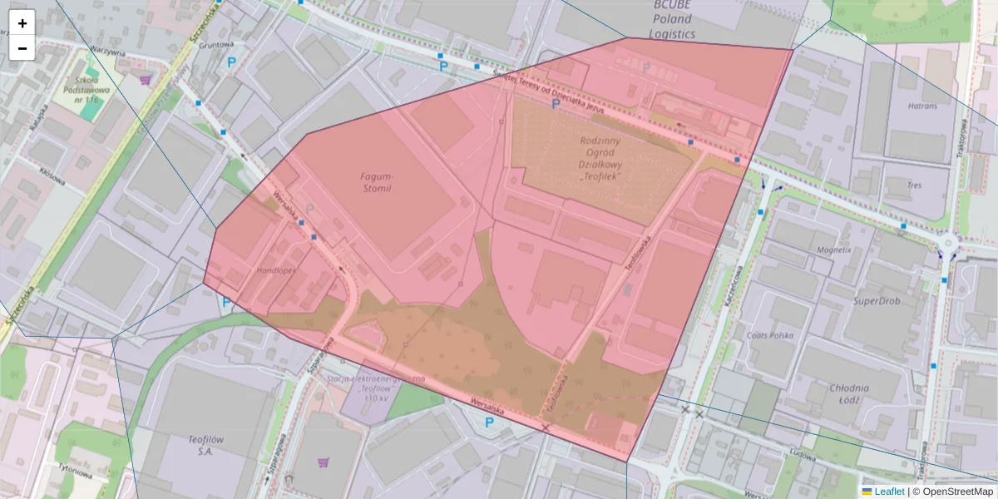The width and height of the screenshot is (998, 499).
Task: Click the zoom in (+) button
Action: click(x=22, y=22)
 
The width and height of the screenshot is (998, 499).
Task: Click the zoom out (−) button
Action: click(x=22, y=48)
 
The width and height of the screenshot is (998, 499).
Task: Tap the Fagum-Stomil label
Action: click(x=376, y=182)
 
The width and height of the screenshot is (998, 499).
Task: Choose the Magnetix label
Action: click(x=833, y=249)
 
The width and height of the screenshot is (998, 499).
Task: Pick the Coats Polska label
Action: click(x=771, y=336)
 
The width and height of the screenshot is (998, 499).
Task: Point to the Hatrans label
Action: click(x=922, y=106)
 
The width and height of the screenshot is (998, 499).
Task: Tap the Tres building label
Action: click(x=915, y=185)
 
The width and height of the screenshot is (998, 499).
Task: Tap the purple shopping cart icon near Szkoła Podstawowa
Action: click(x=146, y=80)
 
